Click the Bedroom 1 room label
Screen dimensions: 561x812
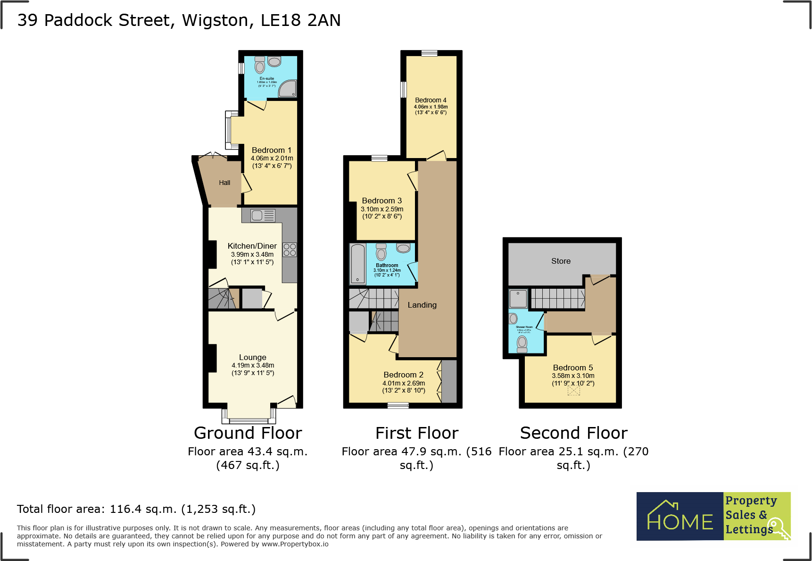click(x=271, y=150)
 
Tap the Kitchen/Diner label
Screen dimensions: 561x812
click(x=252, y=246)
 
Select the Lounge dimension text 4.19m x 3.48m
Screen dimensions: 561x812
click(x=253, y=365)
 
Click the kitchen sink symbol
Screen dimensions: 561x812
click(x=263, y=216)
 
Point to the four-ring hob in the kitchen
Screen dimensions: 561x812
click(x=290, y=250)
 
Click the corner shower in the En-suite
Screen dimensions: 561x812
click(x=288, y=88)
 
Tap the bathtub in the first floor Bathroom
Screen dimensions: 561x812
click(x=357, y=264)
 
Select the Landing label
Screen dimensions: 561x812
click(x=422, y=305)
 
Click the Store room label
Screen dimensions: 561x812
click(x=561, y=261)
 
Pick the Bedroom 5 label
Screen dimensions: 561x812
click(x=573, y=368)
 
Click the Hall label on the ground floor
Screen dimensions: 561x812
click(x=224, y=183)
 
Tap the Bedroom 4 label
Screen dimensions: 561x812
click(x=431, y=100)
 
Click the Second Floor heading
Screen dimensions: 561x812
click(x=573, y=433)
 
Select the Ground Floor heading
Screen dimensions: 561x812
click(x=248, y=433)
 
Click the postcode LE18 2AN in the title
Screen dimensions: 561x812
click(x=300, y=20)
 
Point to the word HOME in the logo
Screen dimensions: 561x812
click(x=679, y=521)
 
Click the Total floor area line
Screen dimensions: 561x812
click(x=136, y=509)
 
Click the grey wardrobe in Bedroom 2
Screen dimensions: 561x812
click(x=449, y=381)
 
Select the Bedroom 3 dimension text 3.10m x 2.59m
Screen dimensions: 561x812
click(x=382, y=209)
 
